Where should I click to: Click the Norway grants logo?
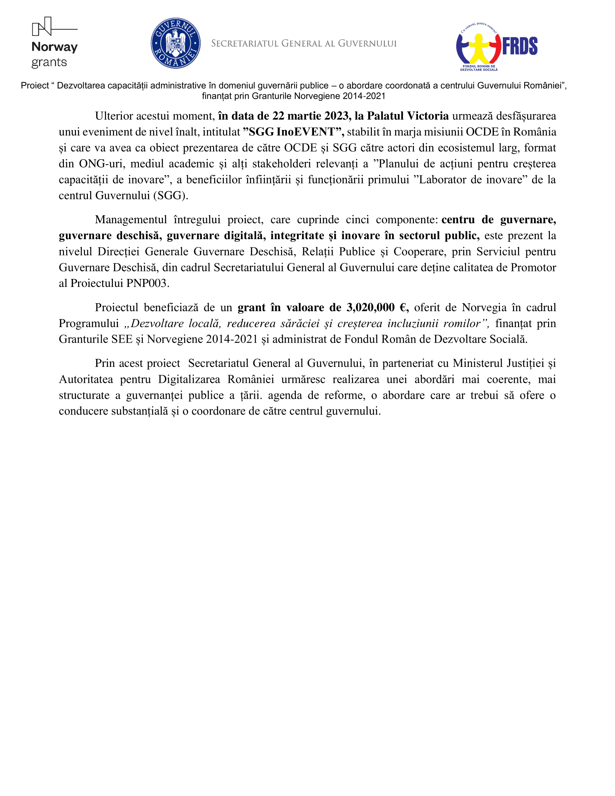coord(55,43)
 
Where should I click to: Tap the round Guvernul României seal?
coord(175,43)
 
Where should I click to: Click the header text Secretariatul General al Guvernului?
coord(304,44)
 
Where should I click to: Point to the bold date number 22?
coord(278,116)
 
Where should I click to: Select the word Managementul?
coord(131,220)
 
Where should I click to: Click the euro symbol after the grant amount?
coord(403,308)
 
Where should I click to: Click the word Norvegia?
coord(484,308)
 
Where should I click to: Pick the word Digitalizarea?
coord(189,380)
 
